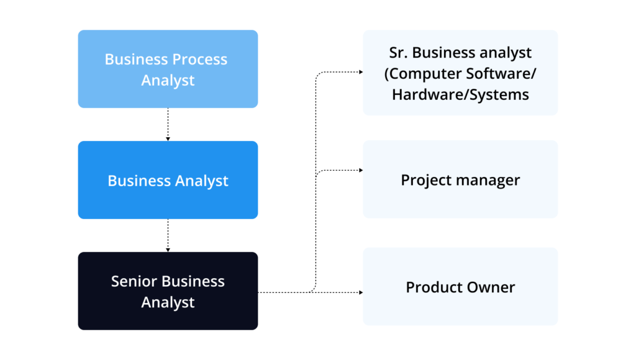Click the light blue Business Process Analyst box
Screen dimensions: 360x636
coord(168,69)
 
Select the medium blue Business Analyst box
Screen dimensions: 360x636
coord(168,180)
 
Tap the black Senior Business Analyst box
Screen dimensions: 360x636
coord(168,290)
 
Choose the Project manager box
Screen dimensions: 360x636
coord(460,179)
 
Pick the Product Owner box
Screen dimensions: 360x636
coord(460,287)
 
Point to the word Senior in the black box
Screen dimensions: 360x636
coord(133,281)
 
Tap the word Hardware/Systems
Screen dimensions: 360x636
coord(460,94)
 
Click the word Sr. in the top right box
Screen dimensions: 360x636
coord(399,53)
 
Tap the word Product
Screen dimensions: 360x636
coord(432,287)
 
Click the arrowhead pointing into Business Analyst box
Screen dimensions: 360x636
coord(168,138)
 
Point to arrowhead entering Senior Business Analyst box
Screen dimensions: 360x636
coord(168,250)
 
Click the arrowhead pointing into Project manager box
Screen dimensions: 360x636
coord(360,170)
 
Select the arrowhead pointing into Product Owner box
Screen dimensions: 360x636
coord(360,292)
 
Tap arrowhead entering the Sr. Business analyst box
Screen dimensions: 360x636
coord(360,72)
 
